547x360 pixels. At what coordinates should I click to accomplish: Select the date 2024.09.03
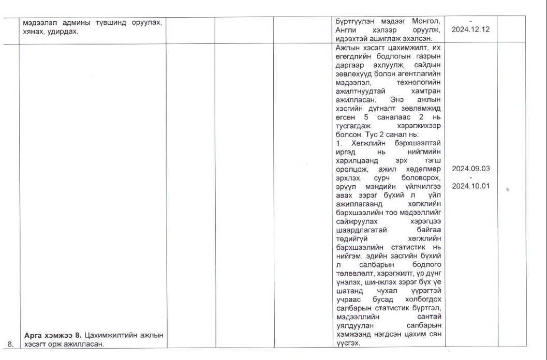[x=470, y=169]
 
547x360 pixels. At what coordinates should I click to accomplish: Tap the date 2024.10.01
[x=470, y=186]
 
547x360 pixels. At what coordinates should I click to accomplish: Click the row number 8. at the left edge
[x=10, y=345]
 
